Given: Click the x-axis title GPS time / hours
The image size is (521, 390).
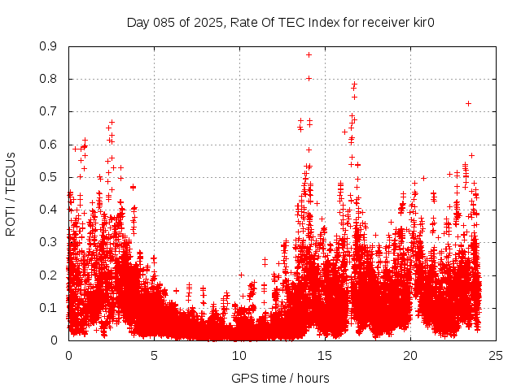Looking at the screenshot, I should pos(281,378).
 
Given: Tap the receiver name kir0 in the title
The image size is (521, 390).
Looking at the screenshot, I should pos(421,22).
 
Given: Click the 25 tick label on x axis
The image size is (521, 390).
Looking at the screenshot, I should pos(496,355).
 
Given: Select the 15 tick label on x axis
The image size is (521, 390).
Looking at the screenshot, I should pos(325,355).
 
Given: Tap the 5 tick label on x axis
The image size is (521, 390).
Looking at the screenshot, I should pos(154,355).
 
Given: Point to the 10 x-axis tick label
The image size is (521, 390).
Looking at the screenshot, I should pos(239,355).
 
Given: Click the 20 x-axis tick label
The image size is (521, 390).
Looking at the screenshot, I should pos(410,355).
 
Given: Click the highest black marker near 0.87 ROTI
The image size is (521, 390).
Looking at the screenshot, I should pos(309,54).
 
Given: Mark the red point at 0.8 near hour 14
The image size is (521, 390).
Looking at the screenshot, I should pos(309,79).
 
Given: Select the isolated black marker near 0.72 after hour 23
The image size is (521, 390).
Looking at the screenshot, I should pos(468,103).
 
